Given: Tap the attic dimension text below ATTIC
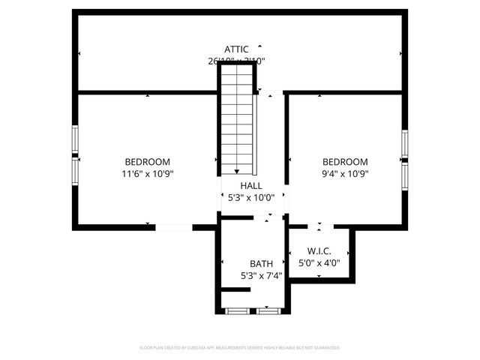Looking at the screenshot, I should (x=237, y=61).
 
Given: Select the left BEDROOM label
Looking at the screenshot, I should (x=147, y=162).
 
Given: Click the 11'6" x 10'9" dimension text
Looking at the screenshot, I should (x=147, y=174).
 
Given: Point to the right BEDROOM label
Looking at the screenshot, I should (x=345, y=162).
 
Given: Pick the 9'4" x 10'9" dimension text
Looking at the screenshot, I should (x=345, y=174).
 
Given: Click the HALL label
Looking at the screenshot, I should (x=251, y=185).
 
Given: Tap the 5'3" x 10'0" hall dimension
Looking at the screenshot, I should (x=251, y=198).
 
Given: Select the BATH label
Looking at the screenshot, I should (x=261, y=264).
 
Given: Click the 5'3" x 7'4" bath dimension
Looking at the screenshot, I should (x=261, y=276).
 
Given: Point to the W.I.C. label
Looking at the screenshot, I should (x=319, y=251).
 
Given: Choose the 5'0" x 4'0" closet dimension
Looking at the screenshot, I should (x=319, y=263).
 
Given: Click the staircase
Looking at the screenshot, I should (x=237, y=120).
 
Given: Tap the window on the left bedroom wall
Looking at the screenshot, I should (x=74, y=154).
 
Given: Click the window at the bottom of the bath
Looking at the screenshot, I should (x=252, y=310).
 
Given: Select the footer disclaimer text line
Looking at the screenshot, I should (x=240, y=348).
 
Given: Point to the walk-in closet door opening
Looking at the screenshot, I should (x=320, y=226).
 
